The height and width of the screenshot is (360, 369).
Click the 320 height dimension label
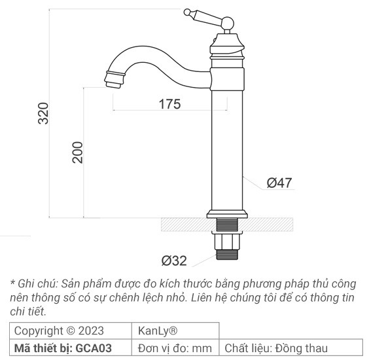point(43,115)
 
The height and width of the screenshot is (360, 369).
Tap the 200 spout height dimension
point(77,153)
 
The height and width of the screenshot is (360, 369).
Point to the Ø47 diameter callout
point(279,183)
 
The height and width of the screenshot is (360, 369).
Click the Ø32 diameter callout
point(174,261)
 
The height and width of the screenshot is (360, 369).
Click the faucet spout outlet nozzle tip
point(113,82)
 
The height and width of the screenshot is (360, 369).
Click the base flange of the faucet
point(227,213)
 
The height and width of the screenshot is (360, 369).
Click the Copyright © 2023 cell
point(59,331)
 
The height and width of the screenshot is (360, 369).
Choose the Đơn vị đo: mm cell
point(175,348)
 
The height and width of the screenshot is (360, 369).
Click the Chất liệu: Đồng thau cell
point(276,348)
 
